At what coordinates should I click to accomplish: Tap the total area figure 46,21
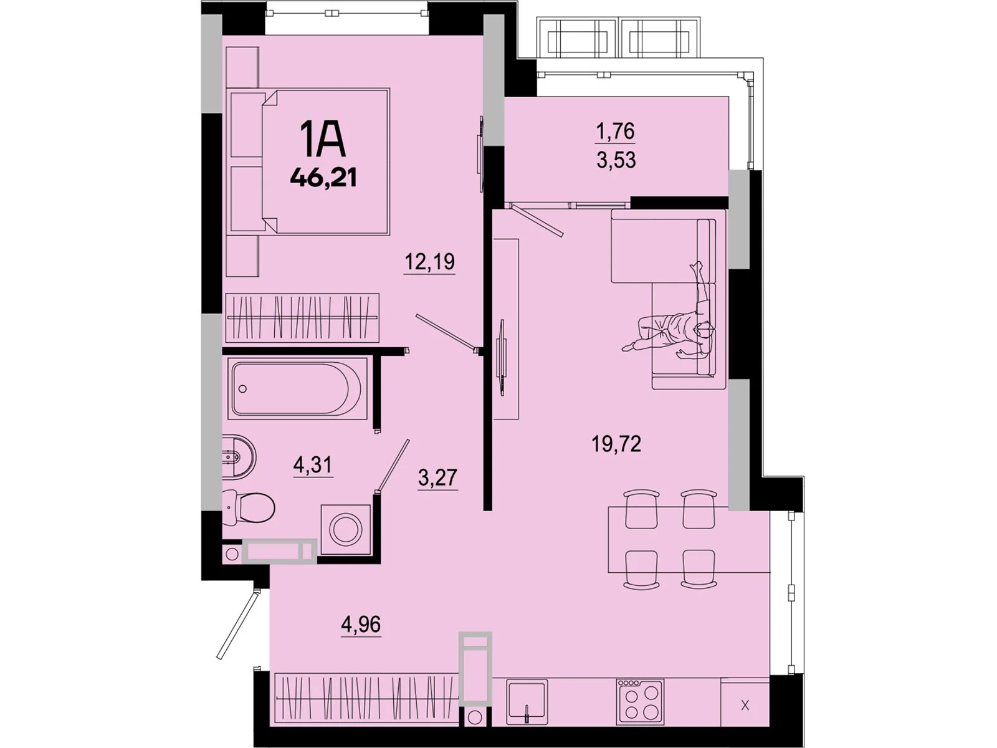point(323,178)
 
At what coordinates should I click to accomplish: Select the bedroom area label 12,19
point(429,262)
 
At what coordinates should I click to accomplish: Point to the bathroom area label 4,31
point(313,464)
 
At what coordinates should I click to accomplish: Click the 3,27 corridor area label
point(437,477)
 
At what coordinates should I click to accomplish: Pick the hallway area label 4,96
point(361,624)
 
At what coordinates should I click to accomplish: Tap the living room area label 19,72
point(616,444)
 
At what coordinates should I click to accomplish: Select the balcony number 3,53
point(616,160)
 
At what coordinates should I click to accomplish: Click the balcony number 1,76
point(616,131)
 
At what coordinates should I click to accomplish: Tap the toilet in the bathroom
point(250,507)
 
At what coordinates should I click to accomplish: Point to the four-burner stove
point(640,702)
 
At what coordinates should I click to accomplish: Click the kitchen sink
point(527,702)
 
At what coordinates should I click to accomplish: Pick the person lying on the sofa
point(679,324)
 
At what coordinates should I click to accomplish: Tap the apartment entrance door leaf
point(237,623)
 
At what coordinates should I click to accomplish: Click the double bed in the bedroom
point(310,162)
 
